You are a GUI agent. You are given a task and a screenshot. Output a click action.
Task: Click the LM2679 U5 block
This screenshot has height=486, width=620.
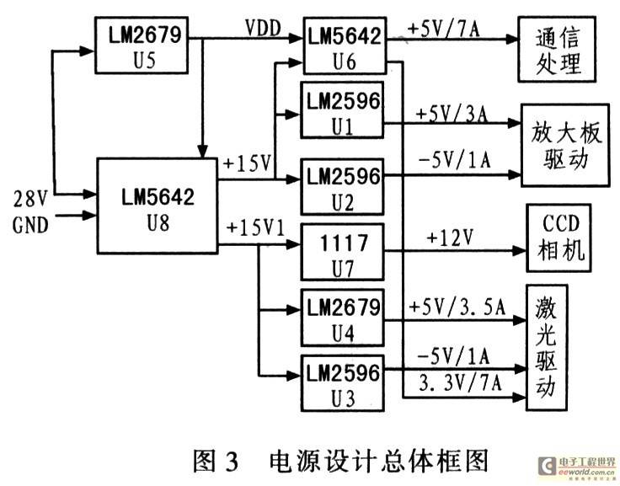point(142,45)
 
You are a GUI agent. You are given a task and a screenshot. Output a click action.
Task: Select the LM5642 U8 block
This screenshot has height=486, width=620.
point(158,206)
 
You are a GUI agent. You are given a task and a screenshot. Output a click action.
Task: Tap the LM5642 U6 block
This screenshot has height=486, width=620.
point(345,45)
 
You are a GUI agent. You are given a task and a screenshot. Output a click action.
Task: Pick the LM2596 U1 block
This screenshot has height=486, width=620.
point(342,110)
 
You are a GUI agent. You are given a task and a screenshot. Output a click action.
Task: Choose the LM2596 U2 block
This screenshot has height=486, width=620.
point(342,187)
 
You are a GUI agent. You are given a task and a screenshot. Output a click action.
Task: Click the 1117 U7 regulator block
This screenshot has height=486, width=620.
point(342,253)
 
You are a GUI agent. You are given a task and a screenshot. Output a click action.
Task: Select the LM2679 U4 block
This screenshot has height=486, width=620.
point(342,318)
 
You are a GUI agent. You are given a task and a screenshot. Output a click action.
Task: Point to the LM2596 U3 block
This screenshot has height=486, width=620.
point(342,383)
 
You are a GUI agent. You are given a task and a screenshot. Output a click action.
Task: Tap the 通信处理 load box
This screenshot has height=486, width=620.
point(557,49)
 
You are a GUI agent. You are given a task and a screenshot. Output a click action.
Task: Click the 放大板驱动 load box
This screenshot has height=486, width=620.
point(565,145)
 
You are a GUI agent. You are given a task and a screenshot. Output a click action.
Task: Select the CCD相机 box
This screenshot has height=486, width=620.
point(559,238)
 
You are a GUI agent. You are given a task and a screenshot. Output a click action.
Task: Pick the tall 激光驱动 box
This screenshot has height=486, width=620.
point(547,348)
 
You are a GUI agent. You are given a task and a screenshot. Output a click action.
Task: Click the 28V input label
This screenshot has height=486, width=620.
point(30,199)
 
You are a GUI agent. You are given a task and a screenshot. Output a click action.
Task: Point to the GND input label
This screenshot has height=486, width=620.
point(30,226)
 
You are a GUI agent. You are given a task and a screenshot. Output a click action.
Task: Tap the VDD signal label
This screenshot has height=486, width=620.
point(263,29)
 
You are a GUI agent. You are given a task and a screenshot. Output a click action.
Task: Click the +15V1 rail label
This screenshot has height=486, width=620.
point(255,228)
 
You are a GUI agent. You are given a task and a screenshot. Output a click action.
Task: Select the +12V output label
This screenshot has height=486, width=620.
point(450,238)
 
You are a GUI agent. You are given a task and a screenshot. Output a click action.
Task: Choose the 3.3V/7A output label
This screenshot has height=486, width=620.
point(460,382)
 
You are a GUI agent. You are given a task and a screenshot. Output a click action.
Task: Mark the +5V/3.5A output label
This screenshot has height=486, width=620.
point(457,307)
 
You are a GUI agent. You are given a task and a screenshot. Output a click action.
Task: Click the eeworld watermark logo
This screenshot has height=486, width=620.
point(578,467)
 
